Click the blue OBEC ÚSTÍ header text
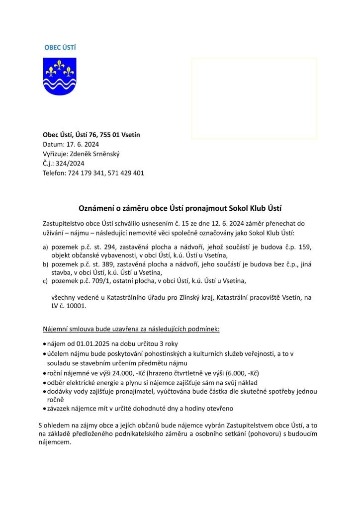[60, 47]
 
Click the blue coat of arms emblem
[60, 76]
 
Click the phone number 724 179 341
[87, 172]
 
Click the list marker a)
[46, 247]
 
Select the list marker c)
[46, 282]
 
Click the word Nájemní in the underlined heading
[56, 329]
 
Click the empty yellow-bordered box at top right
[254, 98]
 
